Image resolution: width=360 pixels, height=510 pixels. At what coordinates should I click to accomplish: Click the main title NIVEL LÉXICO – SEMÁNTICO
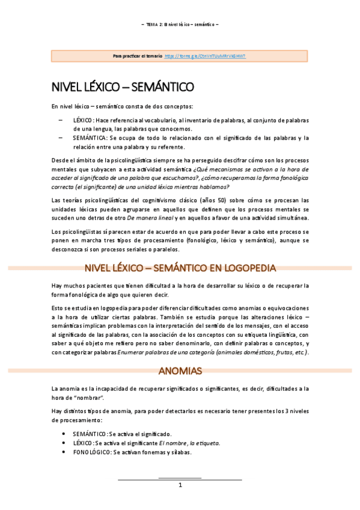pyautogui.click(x=123, y=87)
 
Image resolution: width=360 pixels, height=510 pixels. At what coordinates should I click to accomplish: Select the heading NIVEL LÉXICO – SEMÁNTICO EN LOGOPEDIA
pyautogui.click(x=180, y=268)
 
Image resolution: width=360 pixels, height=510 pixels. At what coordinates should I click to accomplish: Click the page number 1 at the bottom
pyautogui.click(x=180, y=485)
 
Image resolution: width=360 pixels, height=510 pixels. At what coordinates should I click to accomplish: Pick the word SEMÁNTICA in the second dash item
pyautogui.click(x=88, y=138)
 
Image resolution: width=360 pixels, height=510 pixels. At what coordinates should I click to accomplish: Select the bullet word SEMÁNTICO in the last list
pyautogui.click(x=90, y=434)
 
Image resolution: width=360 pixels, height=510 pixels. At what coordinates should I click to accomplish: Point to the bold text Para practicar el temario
pyautogui.click(x=138, y=56)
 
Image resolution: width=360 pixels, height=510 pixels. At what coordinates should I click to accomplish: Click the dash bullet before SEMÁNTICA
pyautogui.click(x=62, y=138)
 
